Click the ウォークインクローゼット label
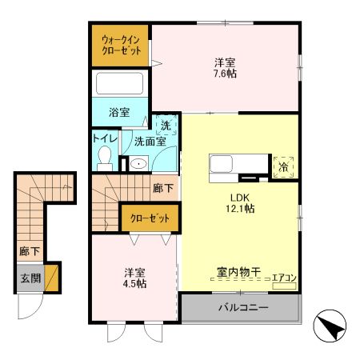119,44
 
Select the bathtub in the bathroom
119,85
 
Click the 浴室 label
119,113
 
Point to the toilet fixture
104,158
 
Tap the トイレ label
105,138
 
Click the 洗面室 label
150,142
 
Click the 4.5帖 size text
134,283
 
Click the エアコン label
284,278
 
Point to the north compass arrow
330,327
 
